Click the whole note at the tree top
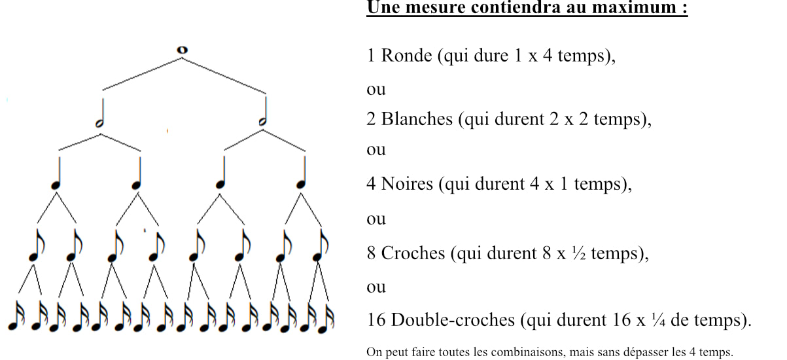(x=182, y=50)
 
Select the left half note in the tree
(x=101, y=113)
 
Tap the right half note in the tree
(x=264, y=111)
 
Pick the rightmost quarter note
(x=302, y=173)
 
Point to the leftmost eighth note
(x=37, y=245)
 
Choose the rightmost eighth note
(x=321, y=245)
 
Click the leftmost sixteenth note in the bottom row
(x=16, y=315)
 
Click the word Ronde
(x=406, y=56)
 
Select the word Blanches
(x=417, y=119)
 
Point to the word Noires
(x=407, y=183)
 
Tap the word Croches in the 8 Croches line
(x=413, y=253)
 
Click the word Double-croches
(x=453, y=320)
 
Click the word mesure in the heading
(x=436, y=7)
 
